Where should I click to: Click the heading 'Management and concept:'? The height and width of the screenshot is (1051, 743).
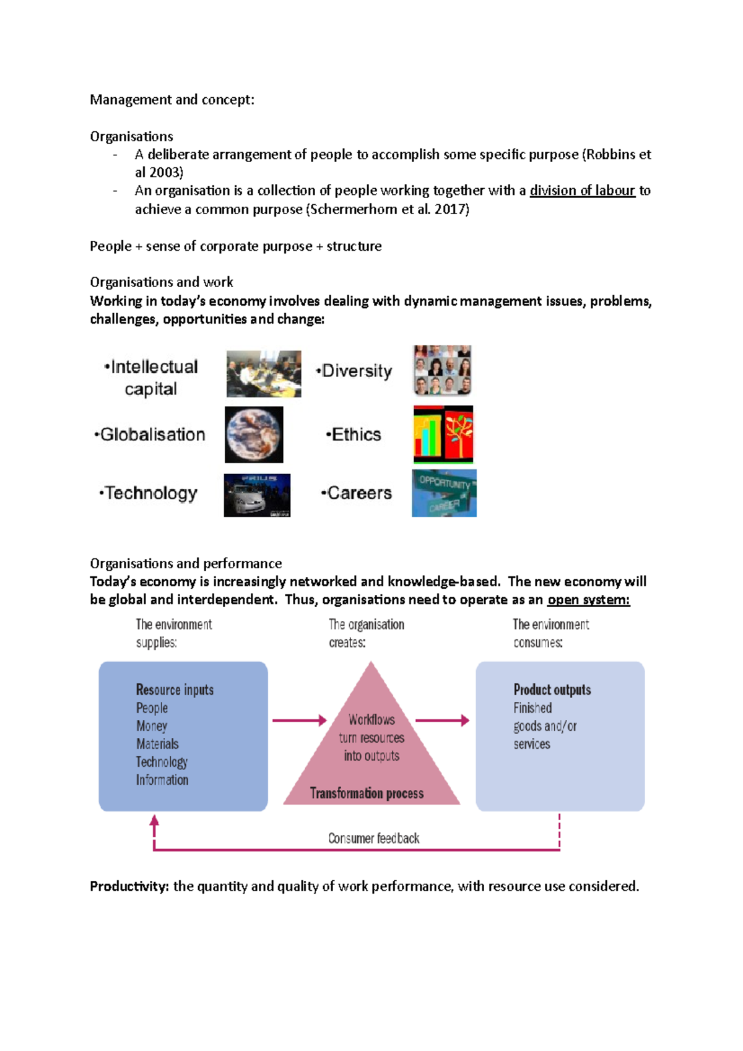(172, 100)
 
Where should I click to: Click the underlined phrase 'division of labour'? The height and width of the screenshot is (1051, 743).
(582, 191)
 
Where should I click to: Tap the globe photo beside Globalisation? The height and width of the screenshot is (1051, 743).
(254, 435)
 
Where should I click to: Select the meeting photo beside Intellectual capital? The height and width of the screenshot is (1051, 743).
(264, 374)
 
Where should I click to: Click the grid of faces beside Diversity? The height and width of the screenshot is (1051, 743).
(443, 370)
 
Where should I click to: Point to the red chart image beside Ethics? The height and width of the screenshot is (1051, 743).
(443, 435)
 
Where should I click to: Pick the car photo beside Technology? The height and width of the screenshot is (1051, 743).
(257, 495)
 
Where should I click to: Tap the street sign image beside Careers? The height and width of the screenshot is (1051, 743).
(444, 493)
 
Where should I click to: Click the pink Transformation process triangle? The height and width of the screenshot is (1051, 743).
(371, 755)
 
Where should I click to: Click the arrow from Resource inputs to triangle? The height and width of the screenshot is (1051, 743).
(299, 720)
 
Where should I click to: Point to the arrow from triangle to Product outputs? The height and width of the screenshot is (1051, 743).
(442, 720)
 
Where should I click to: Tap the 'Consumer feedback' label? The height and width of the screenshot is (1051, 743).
(373, 838)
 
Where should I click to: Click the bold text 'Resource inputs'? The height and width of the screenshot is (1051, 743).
(175, 690)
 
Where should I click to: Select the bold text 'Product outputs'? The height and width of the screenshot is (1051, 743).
(552, 690)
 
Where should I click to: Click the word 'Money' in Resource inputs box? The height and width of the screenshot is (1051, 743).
(152, 725)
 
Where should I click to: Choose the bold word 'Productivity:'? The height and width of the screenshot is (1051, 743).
(129, 886)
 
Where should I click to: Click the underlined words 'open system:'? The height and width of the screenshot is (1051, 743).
(588, 600)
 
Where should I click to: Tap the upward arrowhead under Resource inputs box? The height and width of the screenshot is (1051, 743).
(154, 821)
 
